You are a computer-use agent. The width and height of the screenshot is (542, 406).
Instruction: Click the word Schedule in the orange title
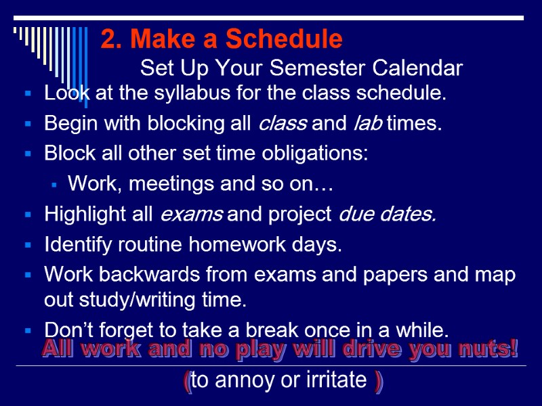pyautogui.click(x=285, y=40)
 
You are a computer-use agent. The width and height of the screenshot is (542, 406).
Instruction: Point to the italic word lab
pyautogui.click(x=368, y=124)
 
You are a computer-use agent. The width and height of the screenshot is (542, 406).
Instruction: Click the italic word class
pyautogui.click(x=283, y=124)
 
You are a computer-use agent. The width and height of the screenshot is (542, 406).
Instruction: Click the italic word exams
pyautogui.click(x=190, y=215)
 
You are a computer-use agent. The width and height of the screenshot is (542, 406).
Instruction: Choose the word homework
pyautogui.click(x=229, y=244)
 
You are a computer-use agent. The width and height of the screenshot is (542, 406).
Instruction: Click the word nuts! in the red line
pyautogui.click(x=491, y=351)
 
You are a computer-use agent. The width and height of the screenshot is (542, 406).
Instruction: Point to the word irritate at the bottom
pyautogui.click(x=336, y=380)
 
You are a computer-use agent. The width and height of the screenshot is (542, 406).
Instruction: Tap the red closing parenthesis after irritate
pyautogui.click(x=378, y=381)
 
